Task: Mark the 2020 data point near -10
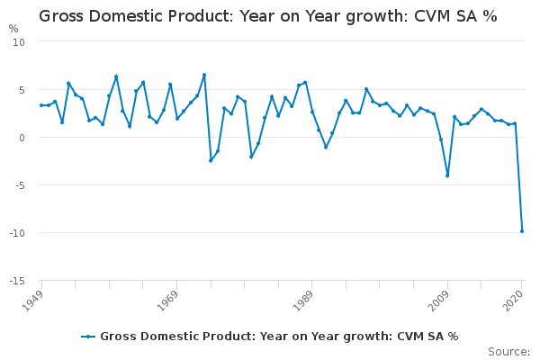pos(522,231)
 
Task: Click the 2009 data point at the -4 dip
pos(447,175)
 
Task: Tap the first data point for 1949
pos(41,105)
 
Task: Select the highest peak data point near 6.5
pos(204,75)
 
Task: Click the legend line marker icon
pos(88,337)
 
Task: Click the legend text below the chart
pos(279,337)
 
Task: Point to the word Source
pos(508,351)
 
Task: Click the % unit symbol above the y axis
pos(13,29)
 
